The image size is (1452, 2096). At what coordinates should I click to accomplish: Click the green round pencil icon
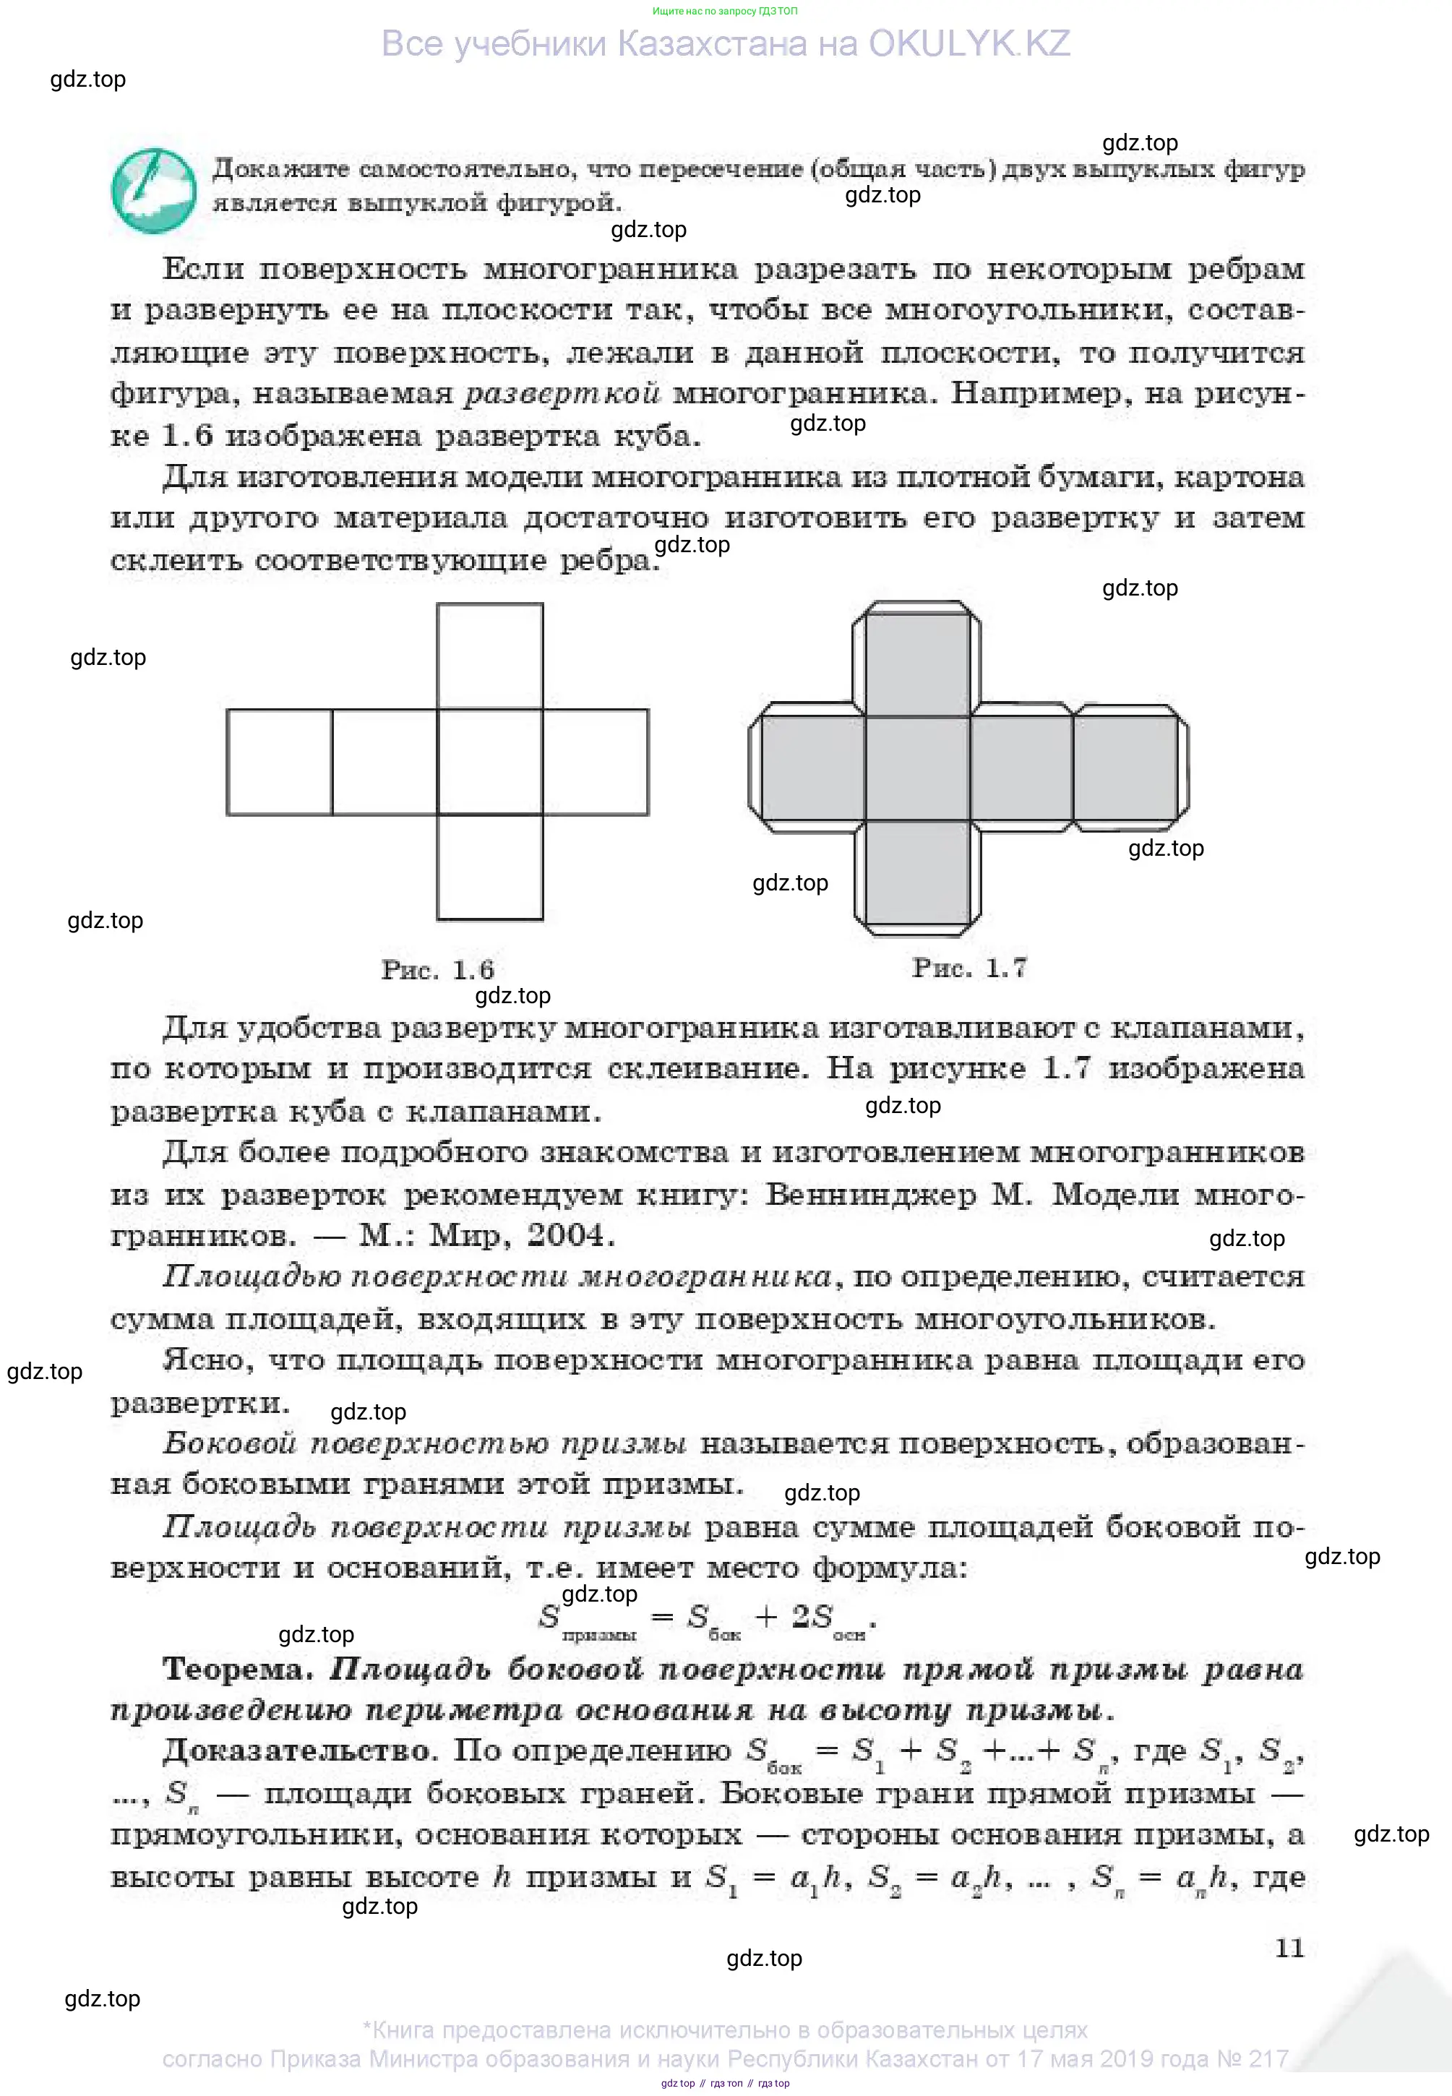tap(152, 190)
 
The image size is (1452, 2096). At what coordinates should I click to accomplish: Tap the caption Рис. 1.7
tap(969, 967)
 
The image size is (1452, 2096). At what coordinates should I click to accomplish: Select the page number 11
tap(1289, 1948)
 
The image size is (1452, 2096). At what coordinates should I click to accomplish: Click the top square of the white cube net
tap(489, 656)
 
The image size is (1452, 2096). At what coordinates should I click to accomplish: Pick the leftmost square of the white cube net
tap(279, 763)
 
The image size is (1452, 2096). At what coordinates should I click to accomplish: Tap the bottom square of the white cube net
tap(489, 867)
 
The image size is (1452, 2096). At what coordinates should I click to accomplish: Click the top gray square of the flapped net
tap(917, 665)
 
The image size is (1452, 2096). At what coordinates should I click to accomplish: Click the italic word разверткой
tap(562, 394)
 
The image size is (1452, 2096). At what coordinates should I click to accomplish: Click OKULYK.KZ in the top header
tap(969, 43)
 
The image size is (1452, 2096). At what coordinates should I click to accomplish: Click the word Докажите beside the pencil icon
tap(281, 169)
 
